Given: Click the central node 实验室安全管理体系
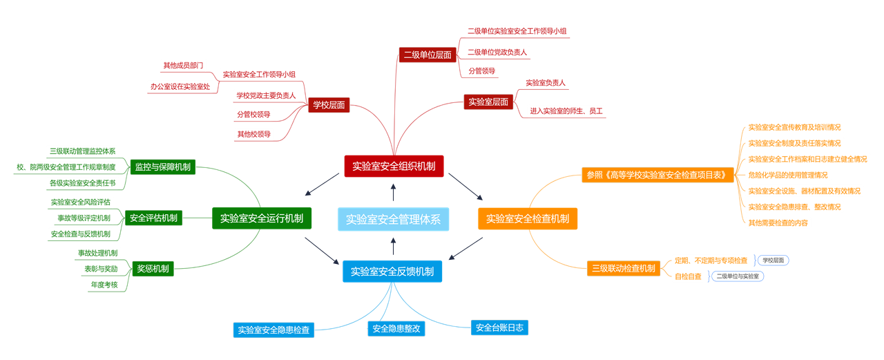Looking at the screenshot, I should click(x=393, y=219).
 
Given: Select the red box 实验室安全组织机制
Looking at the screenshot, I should click(x=394, y=166).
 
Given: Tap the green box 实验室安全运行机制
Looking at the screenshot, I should click(x=261, y=218).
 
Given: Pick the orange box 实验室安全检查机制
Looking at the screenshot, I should click(x=527, y=218).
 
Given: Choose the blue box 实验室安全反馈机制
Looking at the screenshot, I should click(x=392, y=272).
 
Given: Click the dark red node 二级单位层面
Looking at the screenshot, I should click(x=427, y=55).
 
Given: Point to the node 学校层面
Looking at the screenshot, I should click(x=329, y=105).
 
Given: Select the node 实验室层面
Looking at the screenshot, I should click(x=488, y=102).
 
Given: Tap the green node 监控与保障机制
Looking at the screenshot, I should click(x=163, y=167).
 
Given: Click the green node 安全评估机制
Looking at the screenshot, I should click(x=153, y=218).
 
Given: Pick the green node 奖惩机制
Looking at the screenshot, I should click(x=153, y=268).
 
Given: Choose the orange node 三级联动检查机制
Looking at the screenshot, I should click(x=623, y=268).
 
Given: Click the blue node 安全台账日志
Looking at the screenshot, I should click(x=499, y=328).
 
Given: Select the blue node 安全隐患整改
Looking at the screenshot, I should click(x=396, y=329).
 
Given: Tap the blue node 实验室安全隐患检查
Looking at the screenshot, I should click(x=273, y=330).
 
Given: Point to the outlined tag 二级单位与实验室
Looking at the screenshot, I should click(x=738, y=276).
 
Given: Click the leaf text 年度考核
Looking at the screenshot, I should click(x=104, y=285).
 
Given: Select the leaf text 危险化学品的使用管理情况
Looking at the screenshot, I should click(x=787, y=175).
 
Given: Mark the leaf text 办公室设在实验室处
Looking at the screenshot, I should click(x=180, y=86).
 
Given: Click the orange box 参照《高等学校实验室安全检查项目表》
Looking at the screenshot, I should click(x=658, y=175).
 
